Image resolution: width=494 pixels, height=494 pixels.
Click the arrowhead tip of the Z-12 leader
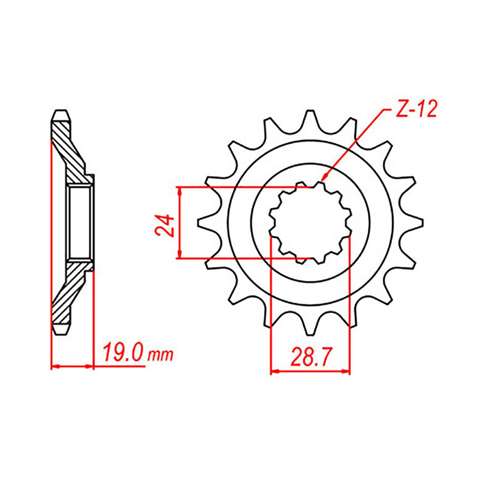point(322,180)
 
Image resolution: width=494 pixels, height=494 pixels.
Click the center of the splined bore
point(310,223)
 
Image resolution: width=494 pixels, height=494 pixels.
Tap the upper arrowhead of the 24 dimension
point(179,189)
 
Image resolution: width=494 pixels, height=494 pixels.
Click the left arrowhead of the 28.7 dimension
point(273,371)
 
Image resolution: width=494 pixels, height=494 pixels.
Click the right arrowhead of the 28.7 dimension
point(348,371)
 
